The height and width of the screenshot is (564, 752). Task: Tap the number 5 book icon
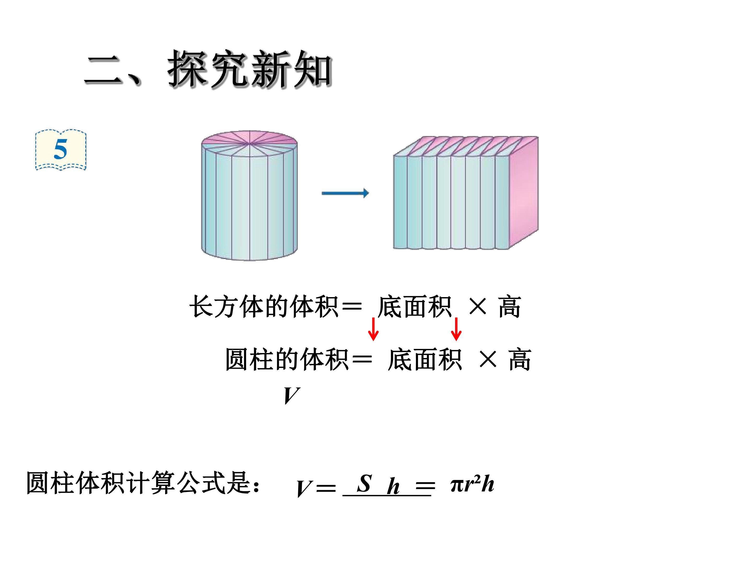coord(61,150)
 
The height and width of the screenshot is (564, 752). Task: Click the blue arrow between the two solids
coord(345,193)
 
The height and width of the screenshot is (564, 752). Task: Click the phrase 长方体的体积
coord(264,307)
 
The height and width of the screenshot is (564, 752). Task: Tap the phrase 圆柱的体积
coord(287,359)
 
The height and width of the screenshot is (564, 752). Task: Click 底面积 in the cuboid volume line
coord(415,307)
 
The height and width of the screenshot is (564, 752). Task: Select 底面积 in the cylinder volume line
coord(425,359)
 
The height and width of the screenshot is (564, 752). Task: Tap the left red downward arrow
coord(373,329)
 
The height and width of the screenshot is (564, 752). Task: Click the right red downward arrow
coord(456,329)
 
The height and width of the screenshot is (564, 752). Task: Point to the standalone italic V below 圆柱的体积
coord(292,396)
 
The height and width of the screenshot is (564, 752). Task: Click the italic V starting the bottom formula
coord(304,489)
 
